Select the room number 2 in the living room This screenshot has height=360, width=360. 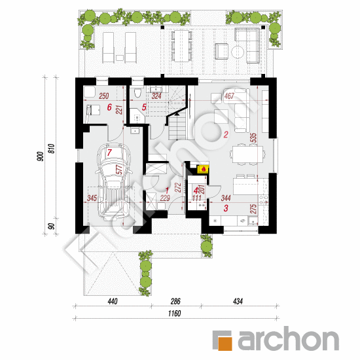(x=225, y=135)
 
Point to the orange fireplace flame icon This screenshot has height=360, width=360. (x=204, y=169)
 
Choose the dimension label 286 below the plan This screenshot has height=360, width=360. (x=176, y=302)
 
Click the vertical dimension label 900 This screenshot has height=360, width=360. (x=41, y=156)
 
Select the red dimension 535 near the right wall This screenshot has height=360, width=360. (x=270, y=139)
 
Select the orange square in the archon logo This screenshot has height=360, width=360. (x=225, y=341)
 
